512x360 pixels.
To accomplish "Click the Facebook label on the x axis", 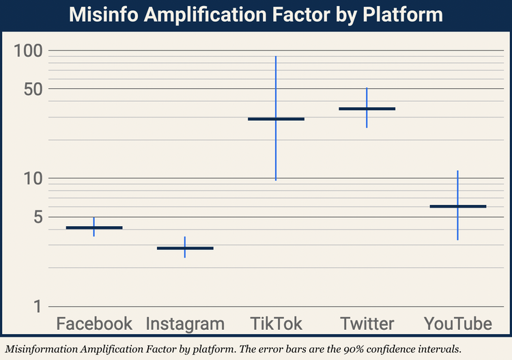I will [94, 324].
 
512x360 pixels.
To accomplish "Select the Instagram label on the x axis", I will [185, 324].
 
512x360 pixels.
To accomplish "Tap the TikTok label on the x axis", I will [276, 324].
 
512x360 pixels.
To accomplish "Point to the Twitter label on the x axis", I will [367, 324].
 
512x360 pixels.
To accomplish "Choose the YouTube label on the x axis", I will [457, 324].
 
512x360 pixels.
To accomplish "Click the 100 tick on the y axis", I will [28, 51].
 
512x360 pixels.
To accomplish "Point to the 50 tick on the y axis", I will [32, 89].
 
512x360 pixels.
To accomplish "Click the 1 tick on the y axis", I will [37, 306].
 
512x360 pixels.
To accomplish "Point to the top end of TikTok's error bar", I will [276, 57].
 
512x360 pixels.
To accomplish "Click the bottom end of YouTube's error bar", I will [457, 239].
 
